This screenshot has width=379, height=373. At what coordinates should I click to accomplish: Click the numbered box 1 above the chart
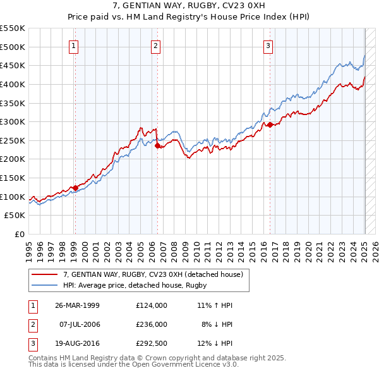click(x=74, y=45)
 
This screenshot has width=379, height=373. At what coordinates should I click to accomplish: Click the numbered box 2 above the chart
click(x=155, y=45)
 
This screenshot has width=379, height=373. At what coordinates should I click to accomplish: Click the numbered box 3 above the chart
click(x=268, y=45)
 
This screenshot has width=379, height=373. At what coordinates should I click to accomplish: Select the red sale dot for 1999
click(x=75, y=187)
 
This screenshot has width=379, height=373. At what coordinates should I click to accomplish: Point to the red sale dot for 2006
click(x=157, y=145)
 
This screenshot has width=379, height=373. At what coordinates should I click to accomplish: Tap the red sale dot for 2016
click(x=270, y=125)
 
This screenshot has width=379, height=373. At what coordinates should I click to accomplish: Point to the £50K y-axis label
click(x=15, y=216)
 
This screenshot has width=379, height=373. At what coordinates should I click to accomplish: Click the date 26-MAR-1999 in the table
click(x=77, y=305)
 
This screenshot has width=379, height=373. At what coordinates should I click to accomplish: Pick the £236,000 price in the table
click(x=151, y=324)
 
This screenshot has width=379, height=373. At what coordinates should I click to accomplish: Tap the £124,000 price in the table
click(x=151, y=305)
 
